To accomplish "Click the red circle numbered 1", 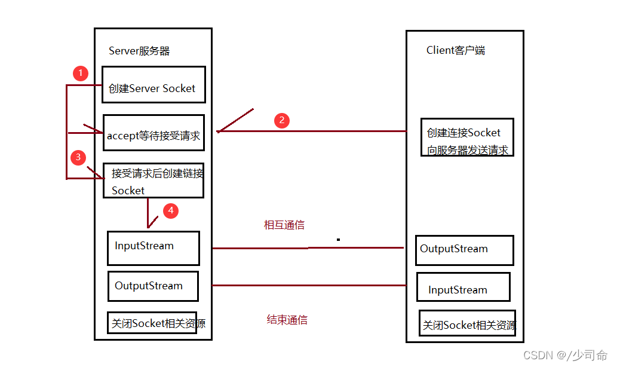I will [80, 74].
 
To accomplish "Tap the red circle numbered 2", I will [282, 120].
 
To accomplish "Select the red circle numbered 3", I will [78, 158].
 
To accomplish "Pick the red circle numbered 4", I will [171, 210].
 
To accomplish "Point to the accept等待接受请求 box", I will [154, 133].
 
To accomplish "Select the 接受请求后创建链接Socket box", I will [154, 181].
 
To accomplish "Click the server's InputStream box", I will [153, 248].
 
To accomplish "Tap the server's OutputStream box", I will [153, 286].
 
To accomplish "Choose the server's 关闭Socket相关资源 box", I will [152, 323].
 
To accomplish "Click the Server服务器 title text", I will [139, 51].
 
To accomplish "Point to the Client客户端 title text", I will [456, 50].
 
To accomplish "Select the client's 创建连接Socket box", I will [467, 137].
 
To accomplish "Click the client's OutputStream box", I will [464, 250].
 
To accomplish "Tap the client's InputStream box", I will [463, 287].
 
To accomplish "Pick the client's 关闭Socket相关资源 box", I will [467, 323].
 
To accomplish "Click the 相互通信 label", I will [284, 225].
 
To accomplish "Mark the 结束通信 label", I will [287, 320].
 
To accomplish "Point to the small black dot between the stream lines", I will [338, 240].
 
